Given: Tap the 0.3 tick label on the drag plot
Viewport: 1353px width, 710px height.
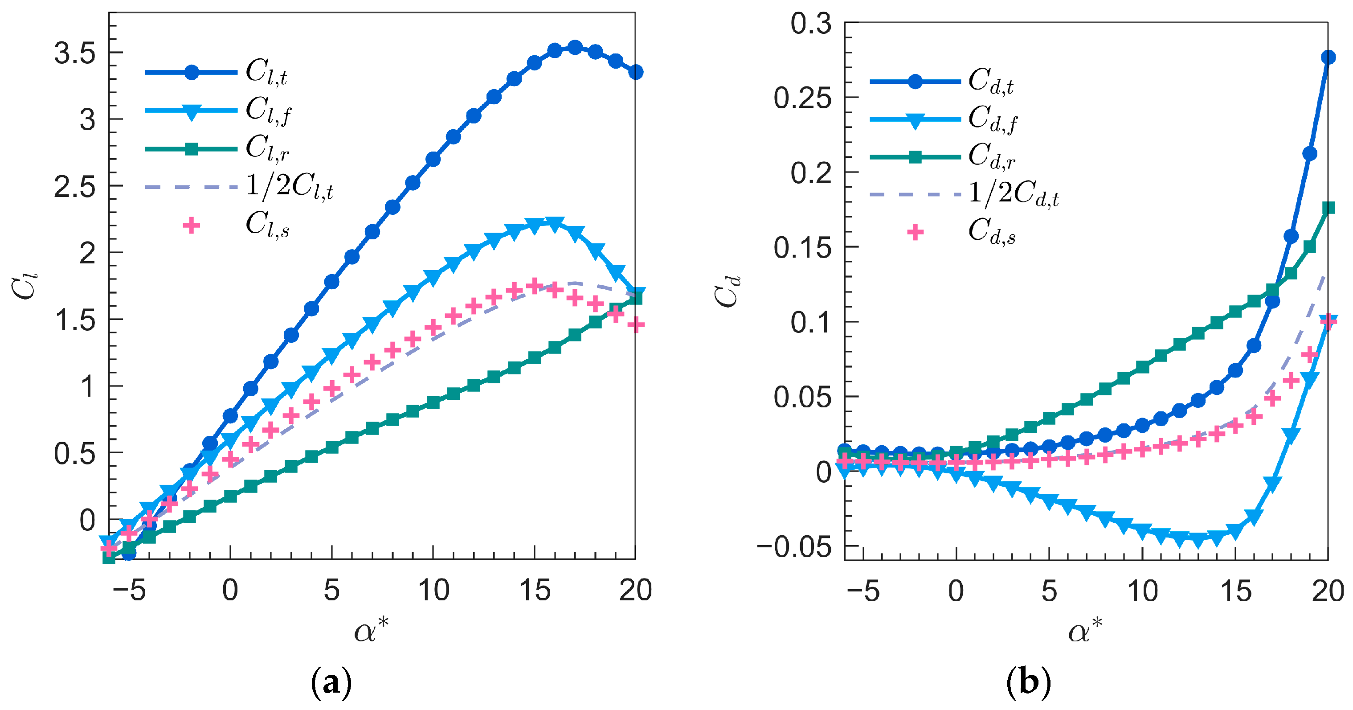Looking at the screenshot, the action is [811, 24].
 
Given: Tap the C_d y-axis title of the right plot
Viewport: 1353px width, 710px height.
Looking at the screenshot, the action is [728, 291].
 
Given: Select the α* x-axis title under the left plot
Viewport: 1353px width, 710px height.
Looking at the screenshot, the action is [372, 630].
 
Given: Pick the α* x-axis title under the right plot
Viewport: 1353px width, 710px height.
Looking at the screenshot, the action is [1085, 630].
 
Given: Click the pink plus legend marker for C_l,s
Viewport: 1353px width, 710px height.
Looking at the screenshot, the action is [191, 226].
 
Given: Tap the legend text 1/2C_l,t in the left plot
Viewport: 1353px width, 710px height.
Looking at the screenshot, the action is [290, 187].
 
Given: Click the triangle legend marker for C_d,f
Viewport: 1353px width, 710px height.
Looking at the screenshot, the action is [915, 121].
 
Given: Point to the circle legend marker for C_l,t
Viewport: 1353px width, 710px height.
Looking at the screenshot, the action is [192, 73].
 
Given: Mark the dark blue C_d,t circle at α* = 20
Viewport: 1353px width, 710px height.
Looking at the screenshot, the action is [1328, 57].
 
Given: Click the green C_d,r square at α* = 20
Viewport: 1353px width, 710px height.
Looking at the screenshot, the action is [1328, 208].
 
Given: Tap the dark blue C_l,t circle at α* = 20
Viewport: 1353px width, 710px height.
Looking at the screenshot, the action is [636, 72].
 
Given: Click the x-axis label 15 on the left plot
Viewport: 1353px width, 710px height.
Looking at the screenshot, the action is [535, 591].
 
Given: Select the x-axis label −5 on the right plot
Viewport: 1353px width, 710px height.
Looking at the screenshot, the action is [862, 592].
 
